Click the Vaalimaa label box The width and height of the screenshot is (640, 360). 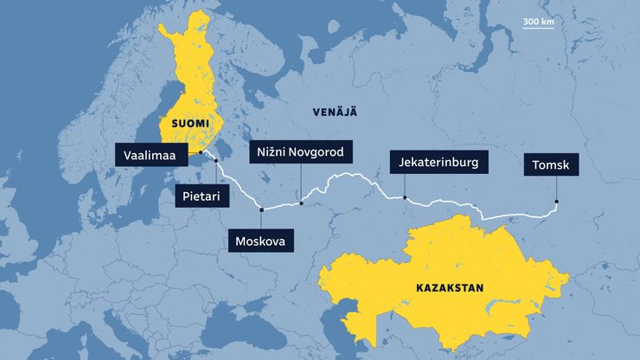point(152,155)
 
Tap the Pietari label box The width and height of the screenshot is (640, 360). point(201,196)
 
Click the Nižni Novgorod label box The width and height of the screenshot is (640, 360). point(301,152)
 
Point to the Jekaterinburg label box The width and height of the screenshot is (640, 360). point(440,162)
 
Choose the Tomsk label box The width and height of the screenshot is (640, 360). point(551,165)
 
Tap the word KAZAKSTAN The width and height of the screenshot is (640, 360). point(449,287)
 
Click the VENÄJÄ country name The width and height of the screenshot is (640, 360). point(334,112)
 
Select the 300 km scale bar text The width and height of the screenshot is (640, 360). point(538,22)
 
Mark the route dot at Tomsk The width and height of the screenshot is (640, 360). point(557,202)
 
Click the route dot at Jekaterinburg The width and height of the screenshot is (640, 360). point(405,197)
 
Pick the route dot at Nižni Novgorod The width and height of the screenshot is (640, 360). point(301,203)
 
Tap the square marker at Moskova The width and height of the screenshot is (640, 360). point(260,209)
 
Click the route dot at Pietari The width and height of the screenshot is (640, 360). point(215,162)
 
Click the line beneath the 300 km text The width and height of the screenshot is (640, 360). point(538,29)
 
